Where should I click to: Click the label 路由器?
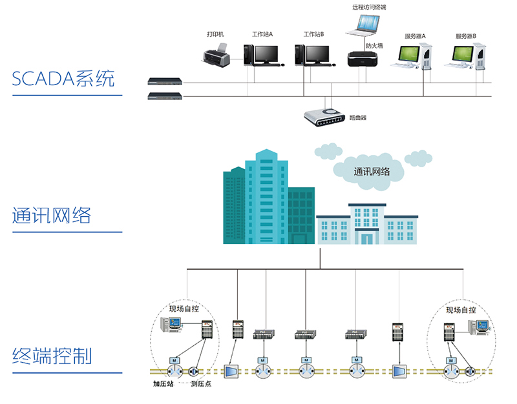pos(358,118)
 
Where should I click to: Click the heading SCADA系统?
pos(63,79)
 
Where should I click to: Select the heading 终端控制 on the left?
pos(52,355)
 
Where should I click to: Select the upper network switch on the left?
pos(165,82)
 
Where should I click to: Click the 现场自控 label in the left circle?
pos(184,308)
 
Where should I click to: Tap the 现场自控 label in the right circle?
pos(461,310)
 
